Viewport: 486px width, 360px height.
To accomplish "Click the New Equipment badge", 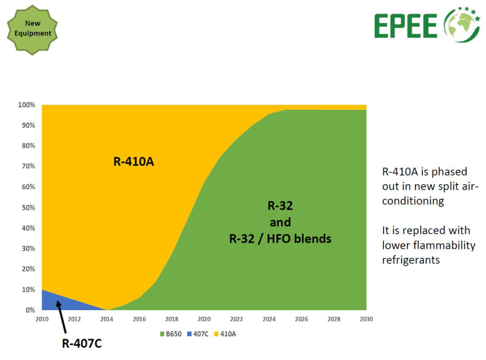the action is [32, 30].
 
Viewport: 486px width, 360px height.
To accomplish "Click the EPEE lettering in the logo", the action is [406, 26].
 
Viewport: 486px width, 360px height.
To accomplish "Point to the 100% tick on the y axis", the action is [26, 105].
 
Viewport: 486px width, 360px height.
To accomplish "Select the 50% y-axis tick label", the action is [28, 207].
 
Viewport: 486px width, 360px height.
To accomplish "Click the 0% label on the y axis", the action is [30, 310].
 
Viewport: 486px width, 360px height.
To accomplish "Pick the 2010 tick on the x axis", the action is [42, 319].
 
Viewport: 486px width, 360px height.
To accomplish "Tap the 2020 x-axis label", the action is [204, 319].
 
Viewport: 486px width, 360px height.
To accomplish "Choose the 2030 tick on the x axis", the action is [366, 319].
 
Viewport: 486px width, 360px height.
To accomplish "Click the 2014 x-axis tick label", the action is [107, 319].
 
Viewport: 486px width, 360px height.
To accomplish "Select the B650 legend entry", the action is [171, 334].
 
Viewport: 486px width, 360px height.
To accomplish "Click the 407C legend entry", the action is [198, 334].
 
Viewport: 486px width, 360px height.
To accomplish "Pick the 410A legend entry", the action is [225, 334].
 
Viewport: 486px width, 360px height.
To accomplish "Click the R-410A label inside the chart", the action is [134, 162].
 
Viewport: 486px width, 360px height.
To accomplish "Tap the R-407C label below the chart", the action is [82, 344].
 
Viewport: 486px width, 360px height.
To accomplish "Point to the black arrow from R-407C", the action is [61, 317].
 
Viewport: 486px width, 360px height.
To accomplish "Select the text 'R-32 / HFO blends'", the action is [280, 238].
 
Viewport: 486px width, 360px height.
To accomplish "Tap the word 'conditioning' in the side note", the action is [413, 201].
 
